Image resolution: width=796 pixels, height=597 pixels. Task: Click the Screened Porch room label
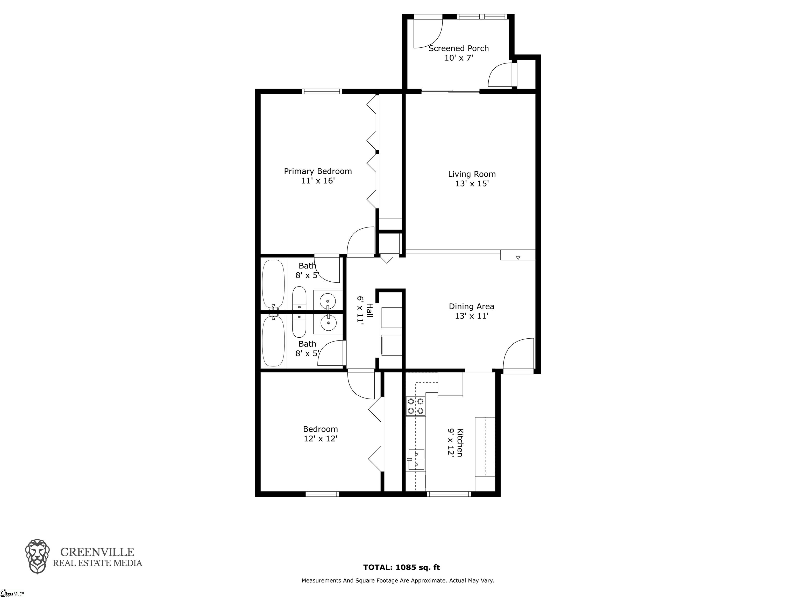point(458,48)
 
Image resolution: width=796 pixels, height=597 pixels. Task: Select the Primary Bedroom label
point(318,171)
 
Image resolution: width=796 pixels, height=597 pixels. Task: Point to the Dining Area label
point(471,307)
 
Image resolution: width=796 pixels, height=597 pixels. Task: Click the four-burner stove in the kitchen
point(416,406)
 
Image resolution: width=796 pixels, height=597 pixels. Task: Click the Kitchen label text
point(459,443)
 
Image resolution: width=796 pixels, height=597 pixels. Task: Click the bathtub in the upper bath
point(273,284)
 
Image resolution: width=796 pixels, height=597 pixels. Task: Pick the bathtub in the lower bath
point(273,341)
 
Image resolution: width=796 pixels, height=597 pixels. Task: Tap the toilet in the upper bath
point(299,298)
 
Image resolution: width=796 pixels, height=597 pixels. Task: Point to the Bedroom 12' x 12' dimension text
point(320,439)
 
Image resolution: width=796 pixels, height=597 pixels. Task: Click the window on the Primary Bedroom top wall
point(322,91)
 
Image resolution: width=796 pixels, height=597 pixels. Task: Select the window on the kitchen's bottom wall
point(449,494)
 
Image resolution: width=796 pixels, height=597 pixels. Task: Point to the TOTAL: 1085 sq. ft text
point(402,567)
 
